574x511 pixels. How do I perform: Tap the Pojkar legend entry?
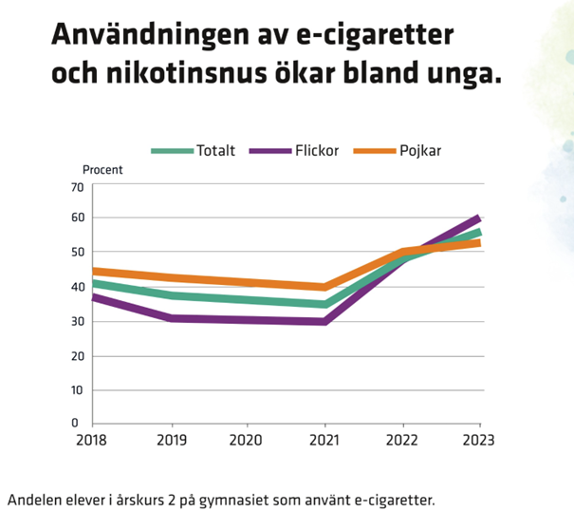pyautogui.click(x=417, y=151)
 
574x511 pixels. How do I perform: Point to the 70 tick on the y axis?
pyautogui.click(x=78, y=186)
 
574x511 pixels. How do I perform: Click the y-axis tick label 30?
pyautogui.click(x=78, y=321)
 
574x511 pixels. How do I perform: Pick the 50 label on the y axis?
pyautogui.click(x=78, y=252)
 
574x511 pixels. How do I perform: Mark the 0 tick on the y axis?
pyautogui.click(x=81, y=423)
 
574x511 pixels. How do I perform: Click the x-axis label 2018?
pyautogui.click(x=93, y=440)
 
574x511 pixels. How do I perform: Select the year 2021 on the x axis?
pyautogui.click(x=325, y=440)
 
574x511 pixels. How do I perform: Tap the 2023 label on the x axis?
pyautogui.click(x=478, y=440)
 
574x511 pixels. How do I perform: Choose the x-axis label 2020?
pyautogui.click(x=248, y=440)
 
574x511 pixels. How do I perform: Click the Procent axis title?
pyautogui.click(x=103, y=171)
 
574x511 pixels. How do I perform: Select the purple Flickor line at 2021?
pyautogui.click(x=325, y=322)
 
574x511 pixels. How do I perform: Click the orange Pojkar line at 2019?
pyautogui.click(x=171, y=278)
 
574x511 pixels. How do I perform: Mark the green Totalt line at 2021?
pyautogui.click(x=325, y=305)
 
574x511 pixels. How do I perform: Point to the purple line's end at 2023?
pyautogui.click(x=478, y=218)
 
